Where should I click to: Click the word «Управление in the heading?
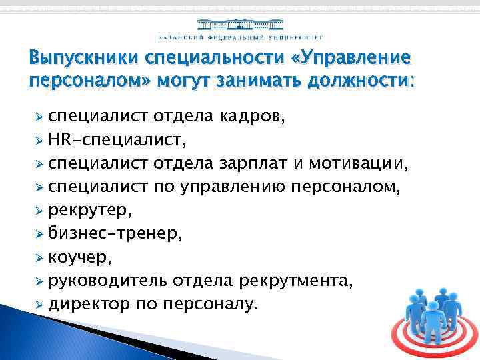(356, 58)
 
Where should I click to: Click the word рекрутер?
(91, 211)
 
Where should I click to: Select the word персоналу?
(215, 305)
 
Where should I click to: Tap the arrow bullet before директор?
(39, 305)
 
